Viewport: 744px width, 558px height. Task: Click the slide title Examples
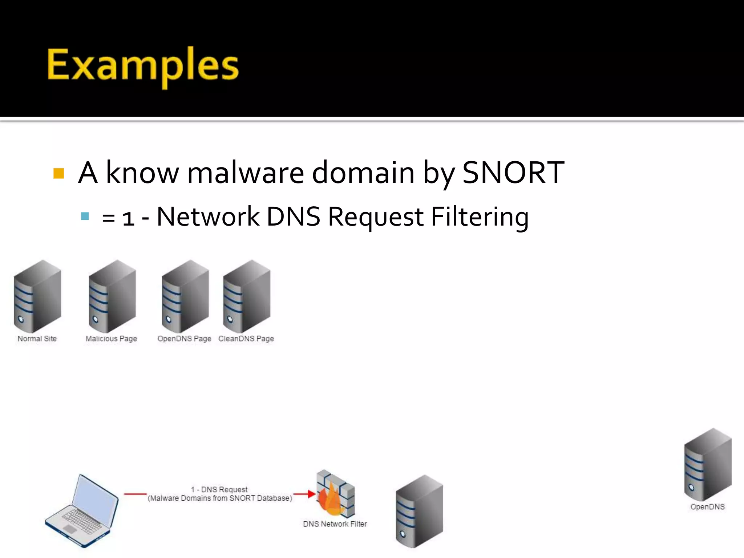pyautogui.click(x=142, y=65)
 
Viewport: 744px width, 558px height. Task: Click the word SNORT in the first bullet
pyautogui.click(x=513, y=173)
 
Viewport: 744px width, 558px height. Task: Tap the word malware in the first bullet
pyautogui.click(x=245, y=173)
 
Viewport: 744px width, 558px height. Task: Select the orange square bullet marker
pyautogui.click(x=58, y=173)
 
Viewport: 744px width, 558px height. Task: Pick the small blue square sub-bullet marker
pyautogui.click(x=85, y=217)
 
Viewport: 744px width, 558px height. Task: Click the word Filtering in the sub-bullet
pyautogui.click(x=480, y=217)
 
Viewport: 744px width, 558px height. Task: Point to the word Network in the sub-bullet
pyautogui.click(x=208, y=217)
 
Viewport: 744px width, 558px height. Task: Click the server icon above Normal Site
pyautogui.click(x=37, y=296)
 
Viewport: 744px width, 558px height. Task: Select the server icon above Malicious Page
pyautogui.click(x=112, y=296)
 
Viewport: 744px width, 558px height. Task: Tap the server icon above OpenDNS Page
pyautogui.click(x=185, y=296)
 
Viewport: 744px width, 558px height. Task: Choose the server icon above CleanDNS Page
pyautogui.click(x=247, y=296)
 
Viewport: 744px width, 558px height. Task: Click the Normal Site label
pyautogui.click(x=37, y=339)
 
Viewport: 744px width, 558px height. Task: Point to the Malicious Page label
pyautogui.click(x=111, y=339)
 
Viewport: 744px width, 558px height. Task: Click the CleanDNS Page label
pyautogui.click(x=246, y=339)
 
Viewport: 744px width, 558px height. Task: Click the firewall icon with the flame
pyautogui.click(x=335, y=494)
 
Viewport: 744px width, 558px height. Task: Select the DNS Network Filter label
pyautogui.click(x=335, y=524)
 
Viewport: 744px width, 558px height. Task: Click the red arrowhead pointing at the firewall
pyautogui.click(x=311, y=494)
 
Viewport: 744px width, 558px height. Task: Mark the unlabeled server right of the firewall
pyautogui.click(x=419, y=511)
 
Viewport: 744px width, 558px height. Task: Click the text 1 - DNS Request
pyautogui.click(x=219, y=489)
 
